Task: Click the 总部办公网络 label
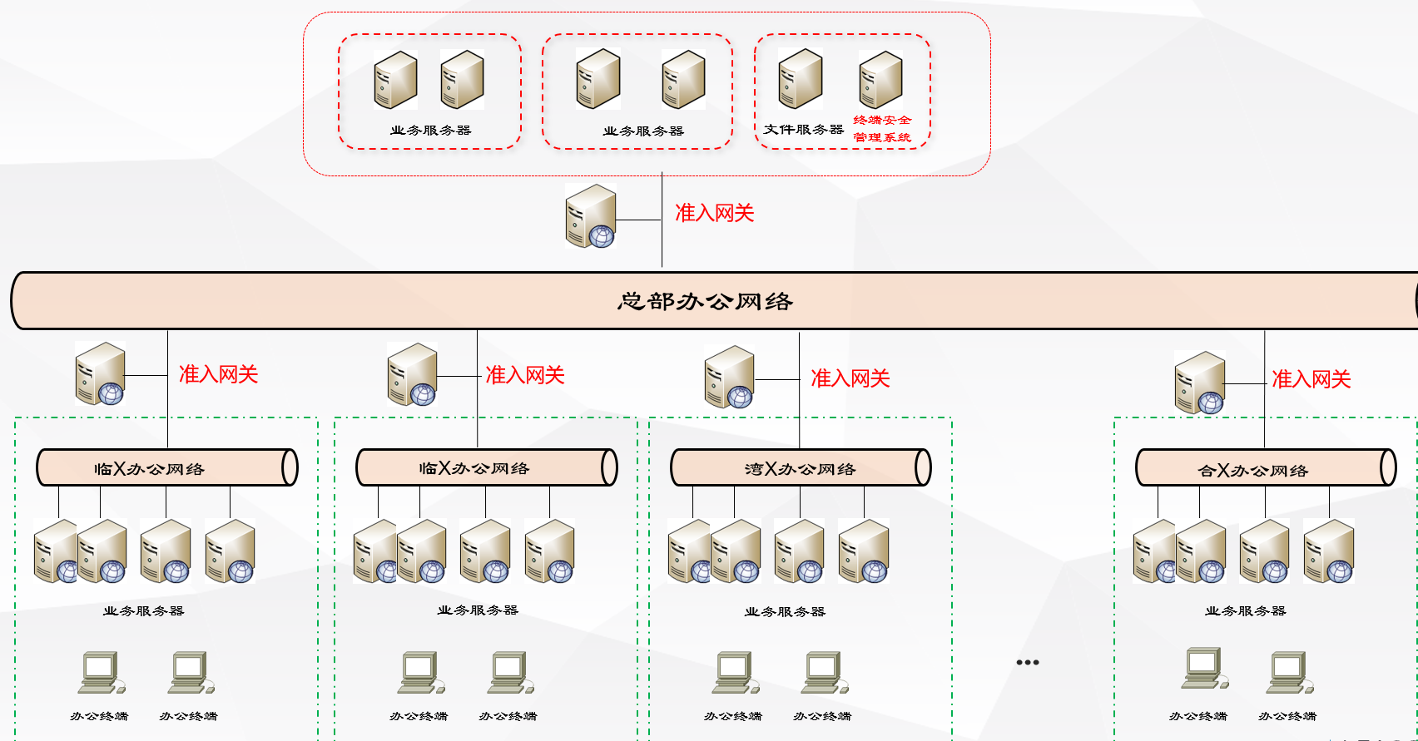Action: tap(705, 301)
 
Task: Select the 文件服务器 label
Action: tap(803, 130)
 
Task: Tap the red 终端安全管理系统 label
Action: tap(882, 129)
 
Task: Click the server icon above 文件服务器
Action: tap(801, 79)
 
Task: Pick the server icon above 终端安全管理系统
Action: tap(880, 80)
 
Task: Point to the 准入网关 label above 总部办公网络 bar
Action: tap(714, 214)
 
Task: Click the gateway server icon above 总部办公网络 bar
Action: tap(590, 217)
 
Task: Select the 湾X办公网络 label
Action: tap(800, 469)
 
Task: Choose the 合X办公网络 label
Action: tap(1252, 471)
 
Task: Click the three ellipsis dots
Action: tap(1028, 663)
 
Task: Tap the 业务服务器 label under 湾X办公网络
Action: tap(785, 612)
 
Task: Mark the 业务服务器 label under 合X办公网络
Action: tap(1245, 611)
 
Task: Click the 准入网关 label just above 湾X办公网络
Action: tap(850, 379)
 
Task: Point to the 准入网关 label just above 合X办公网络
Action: tap(1311, 380)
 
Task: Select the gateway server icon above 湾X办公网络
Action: tap(729, 377)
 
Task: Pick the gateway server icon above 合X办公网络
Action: tap(1199, 383)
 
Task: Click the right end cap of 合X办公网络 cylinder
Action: tap(1388, 467)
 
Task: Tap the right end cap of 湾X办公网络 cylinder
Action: tap(923, 467)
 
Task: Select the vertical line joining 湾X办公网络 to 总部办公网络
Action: tap(799, 391)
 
